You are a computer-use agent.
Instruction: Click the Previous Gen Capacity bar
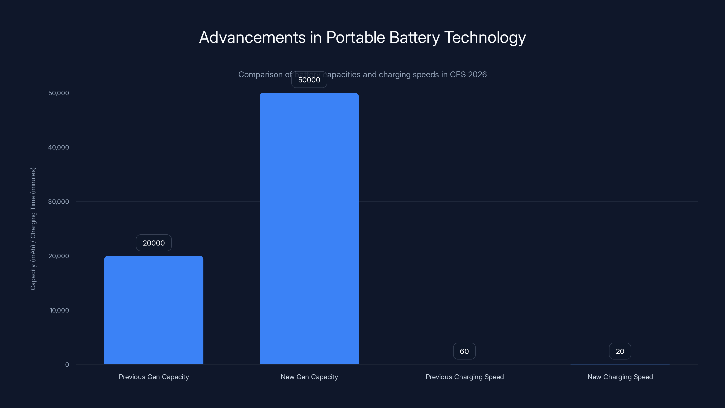154,310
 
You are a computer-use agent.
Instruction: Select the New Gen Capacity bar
309,228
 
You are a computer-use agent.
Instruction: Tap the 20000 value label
154,243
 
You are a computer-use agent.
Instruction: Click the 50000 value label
309,80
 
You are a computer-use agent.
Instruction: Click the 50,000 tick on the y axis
58,93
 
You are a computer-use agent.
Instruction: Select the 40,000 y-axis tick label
58,148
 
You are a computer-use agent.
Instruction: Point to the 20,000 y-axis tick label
58,256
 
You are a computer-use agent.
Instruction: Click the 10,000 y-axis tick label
59,311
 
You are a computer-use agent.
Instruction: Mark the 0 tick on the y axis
67,365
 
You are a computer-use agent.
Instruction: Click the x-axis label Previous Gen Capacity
154,377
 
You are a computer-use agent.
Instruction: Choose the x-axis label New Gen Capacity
309,377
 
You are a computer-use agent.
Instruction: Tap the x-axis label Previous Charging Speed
465,377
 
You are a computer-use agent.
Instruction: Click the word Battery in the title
414,38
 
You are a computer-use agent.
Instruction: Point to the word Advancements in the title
252,38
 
